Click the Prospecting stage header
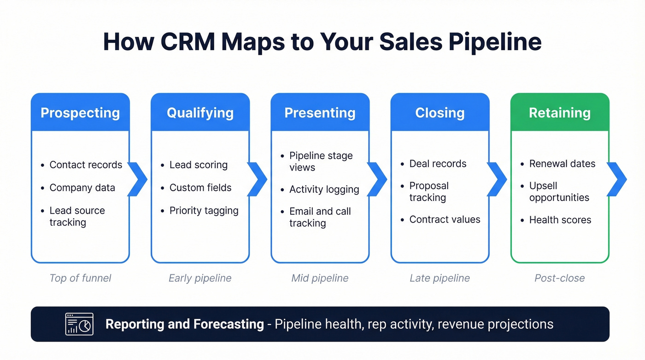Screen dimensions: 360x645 click(80, 113)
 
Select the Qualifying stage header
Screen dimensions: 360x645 click(200, 113)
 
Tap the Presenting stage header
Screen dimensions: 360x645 click(320, 113)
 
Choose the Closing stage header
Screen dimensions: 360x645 click(440, 113)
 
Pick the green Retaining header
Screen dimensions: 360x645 click(559, 113)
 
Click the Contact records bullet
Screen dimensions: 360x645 click(86, 165)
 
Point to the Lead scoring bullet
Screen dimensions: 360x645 click(198, 165)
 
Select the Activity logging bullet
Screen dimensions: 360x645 click(324, 189)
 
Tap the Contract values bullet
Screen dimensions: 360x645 click(445, 220)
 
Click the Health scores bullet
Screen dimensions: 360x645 click(560, 220)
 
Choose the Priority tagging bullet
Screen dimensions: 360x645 click(204, 211)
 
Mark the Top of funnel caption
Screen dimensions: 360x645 click(80, 278)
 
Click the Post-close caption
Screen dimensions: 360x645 click(559, 278)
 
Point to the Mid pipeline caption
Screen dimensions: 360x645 click(320, 278)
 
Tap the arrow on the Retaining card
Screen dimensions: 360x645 click(617, 179)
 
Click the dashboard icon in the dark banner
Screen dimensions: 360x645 click(79, 324)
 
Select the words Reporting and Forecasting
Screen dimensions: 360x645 click(184, 324)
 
